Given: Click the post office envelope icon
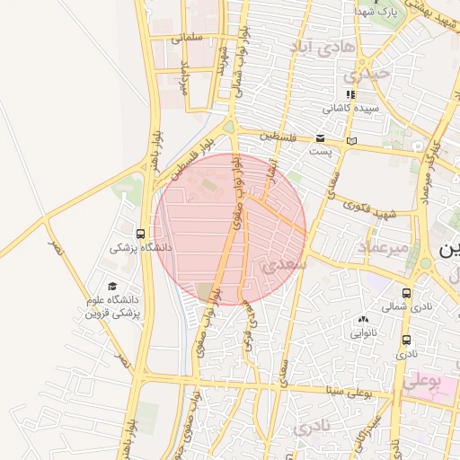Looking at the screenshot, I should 321,137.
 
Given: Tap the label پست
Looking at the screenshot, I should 320,151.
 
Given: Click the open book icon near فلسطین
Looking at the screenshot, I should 351,140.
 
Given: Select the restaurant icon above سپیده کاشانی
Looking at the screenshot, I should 351,93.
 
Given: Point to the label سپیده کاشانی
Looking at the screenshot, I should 351,108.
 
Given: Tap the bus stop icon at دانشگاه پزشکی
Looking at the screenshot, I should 139,232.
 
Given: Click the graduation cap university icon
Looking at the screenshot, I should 112,286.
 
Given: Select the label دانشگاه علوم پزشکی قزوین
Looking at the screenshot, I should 113,306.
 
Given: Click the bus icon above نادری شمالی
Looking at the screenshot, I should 407,292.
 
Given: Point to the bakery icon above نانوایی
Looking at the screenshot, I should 364,320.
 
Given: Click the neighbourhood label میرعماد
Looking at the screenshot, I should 384,246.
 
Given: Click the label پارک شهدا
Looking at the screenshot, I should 376,11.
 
